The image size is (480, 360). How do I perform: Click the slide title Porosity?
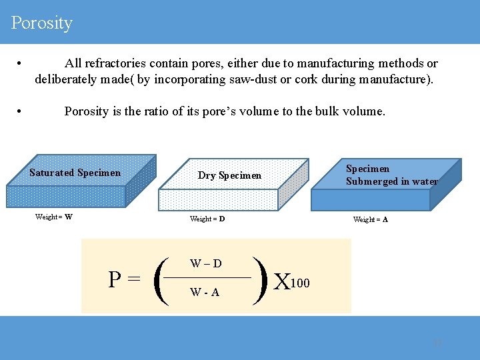41,23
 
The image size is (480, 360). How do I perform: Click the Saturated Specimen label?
75,173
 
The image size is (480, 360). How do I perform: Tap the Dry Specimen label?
229,175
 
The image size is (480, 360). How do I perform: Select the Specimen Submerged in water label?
391,175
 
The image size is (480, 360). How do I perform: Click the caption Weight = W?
54,217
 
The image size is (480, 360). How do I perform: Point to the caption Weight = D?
207,219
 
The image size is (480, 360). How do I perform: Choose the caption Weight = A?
371,219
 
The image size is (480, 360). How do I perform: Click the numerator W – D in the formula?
206,263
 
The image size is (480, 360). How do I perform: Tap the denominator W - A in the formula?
205,292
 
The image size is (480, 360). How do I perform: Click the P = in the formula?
125,279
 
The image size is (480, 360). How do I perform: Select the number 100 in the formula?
301,283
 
